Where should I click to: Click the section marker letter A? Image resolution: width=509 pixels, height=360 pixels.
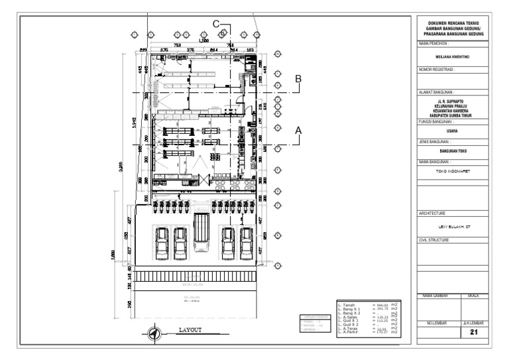(298, 130)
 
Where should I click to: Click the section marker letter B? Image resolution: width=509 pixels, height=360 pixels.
(298, 79)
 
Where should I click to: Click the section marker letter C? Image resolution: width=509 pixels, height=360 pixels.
(216, 24)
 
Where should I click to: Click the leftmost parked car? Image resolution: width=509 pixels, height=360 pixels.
(161, 243)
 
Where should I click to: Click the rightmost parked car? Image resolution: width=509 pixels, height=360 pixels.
(247, 243)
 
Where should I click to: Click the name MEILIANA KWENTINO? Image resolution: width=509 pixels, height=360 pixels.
(453, 57)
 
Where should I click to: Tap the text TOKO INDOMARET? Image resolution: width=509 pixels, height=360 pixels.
(453, 171)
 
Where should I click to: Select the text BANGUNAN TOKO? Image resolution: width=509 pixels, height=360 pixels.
(453, 151)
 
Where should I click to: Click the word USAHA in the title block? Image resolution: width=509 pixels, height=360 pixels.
(453, 131)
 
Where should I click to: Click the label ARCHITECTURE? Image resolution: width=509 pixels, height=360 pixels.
(435, 213)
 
